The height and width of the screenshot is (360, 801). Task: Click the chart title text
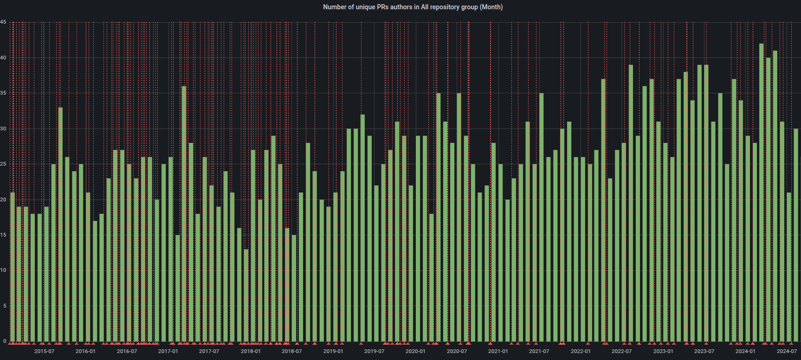(x=413, y=7)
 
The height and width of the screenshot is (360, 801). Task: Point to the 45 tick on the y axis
(x=3, y=22)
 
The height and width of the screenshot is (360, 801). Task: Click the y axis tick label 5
(x=5, y=306)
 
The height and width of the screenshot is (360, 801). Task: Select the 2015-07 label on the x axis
(x=44, y=351)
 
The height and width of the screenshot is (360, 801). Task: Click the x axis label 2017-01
(x=168, y=351)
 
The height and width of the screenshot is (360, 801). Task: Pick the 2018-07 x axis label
(x=291, y=351)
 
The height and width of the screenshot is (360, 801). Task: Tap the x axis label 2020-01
(x=415, y=351)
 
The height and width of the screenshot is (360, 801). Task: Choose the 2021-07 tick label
(x=539, y=351)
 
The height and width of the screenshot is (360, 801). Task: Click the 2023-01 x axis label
(x=663, y=351)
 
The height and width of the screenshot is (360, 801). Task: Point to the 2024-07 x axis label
(x=787, y=351)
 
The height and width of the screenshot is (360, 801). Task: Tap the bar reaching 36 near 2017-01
(x=184, y=213)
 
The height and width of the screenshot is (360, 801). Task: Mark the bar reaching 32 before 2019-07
(x=362, y=228)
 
